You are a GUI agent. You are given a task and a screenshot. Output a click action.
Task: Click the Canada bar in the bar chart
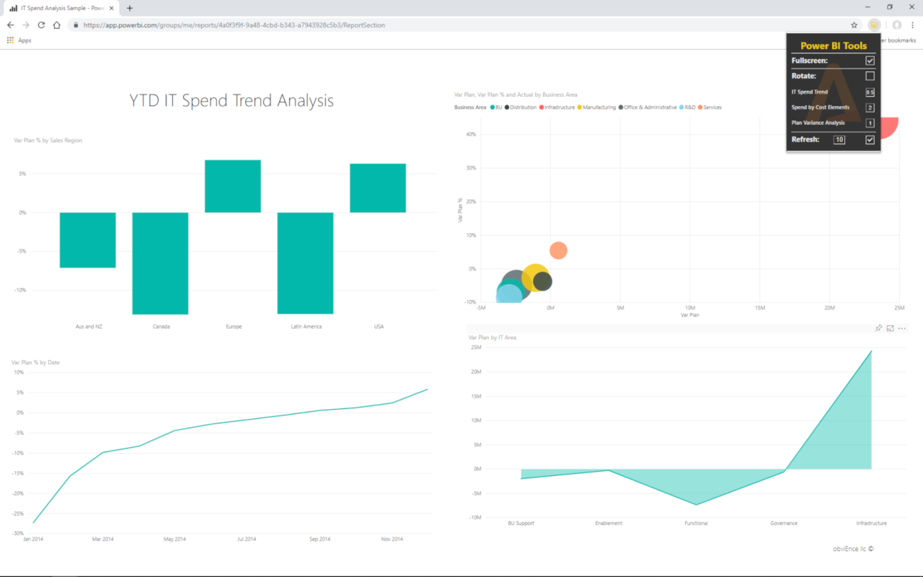click(x=160, y=263)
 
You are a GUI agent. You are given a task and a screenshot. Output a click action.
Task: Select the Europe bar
click(x=233, y=186)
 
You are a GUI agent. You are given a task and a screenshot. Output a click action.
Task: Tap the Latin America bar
click(x=306, y=263)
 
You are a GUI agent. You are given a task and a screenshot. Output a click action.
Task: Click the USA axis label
click(x=379, y=327)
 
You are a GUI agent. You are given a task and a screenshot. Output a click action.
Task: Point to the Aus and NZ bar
click(x=87, y=239)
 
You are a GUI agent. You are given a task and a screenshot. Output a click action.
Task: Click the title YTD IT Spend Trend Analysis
click(x=231, y=100)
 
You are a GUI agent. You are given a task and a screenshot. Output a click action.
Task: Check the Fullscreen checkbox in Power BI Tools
click(x=870, y=61)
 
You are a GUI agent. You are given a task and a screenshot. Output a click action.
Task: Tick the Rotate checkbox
click(x=870, y=76)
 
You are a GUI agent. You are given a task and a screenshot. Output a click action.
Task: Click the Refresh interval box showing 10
click(x=839, y=140)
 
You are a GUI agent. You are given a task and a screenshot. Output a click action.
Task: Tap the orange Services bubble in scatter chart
click(x=558, y=250)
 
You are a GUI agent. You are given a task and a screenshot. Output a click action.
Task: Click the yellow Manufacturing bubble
click(x=534, y=276)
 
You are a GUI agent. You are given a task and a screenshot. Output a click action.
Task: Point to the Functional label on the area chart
click(x=696, y=523)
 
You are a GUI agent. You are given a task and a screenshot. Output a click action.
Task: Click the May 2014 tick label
click(x=175, y=539)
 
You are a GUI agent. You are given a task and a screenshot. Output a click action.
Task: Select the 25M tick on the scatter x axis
click(x=898, y=308)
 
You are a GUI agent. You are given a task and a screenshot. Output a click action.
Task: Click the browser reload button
click(x=41, y=25)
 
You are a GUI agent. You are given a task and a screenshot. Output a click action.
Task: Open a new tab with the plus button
click(x=130, y=8)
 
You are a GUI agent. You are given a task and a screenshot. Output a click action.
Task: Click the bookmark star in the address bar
click(x=854, y=25)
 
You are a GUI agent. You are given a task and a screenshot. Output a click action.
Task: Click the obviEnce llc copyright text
click(x=853, y=549)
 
